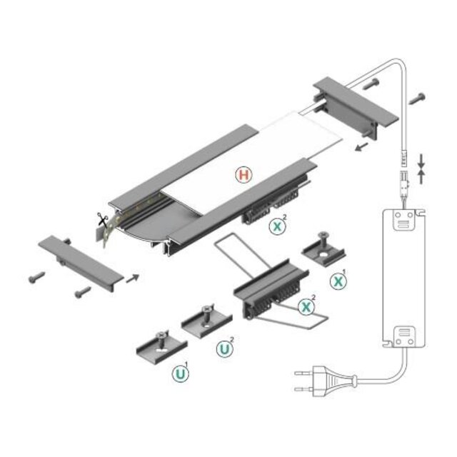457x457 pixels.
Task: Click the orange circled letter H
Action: click(243, 174)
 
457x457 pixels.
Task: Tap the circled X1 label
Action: click(338, 281)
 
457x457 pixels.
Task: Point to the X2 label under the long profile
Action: click(276, 227)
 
